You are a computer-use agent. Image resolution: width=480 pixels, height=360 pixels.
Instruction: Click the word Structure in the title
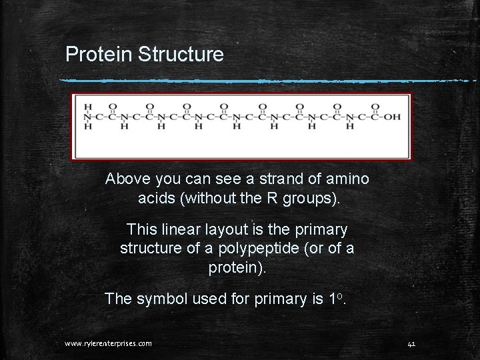click(x=181, y=55)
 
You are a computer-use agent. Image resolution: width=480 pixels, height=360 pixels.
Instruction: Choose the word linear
click(x=179, y=230)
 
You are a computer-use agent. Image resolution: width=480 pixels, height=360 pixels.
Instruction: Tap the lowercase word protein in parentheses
click(x=234, y=267)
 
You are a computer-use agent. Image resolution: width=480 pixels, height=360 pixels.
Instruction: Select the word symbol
click(x=161, y=299)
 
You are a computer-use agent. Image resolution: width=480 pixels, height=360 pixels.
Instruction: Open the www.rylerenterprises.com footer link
click(x=108, y=343)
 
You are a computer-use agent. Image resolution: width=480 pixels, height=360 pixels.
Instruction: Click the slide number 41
click(x=411, y=343)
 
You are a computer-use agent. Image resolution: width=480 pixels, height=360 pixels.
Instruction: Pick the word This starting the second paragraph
click(x=141, y=230)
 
